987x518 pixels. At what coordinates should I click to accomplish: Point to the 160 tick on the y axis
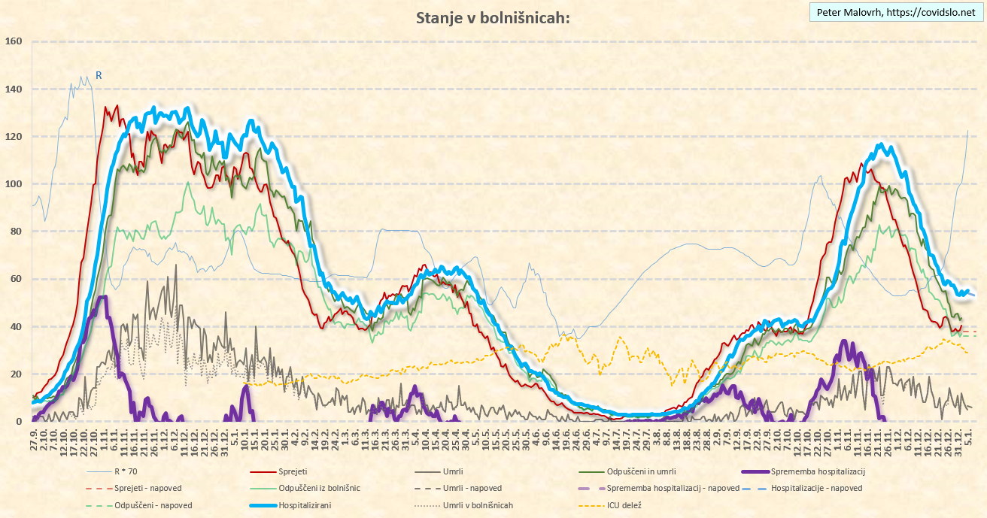click(x=14, y=41)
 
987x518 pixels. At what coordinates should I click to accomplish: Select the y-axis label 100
click(x=14, y=184)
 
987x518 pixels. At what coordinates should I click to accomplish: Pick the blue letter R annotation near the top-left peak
click(x=99, y=75)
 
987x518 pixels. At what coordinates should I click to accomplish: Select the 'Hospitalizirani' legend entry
click(x=305, y=505)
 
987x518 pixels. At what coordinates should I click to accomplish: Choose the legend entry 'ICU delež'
click(x=624, y=505)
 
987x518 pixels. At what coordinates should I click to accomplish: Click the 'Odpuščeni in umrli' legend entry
click(x=632, y=471)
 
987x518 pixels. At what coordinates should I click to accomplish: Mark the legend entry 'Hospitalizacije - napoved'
click(x=816, y=488)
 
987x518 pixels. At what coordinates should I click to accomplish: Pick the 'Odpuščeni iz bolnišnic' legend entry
click(x=319, y=488)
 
